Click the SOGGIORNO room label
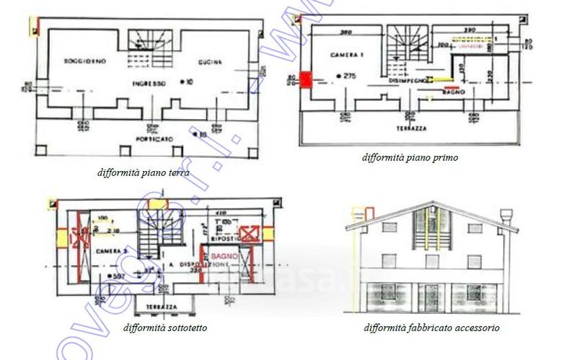[x=84, y=61]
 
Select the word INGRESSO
[x=149, y=84]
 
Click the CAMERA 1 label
[x=344, y=55]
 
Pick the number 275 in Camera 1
[x=350, y=76]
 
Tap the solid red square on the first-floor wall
[x=306, y=79]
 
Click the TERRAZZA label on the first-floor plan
[x=410, y=127]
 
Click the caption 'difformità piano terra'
[x=144, y=173]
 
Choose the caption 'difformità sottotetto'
[x=165, y=328]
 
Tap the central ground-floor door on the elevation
[x=433, y=297]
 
